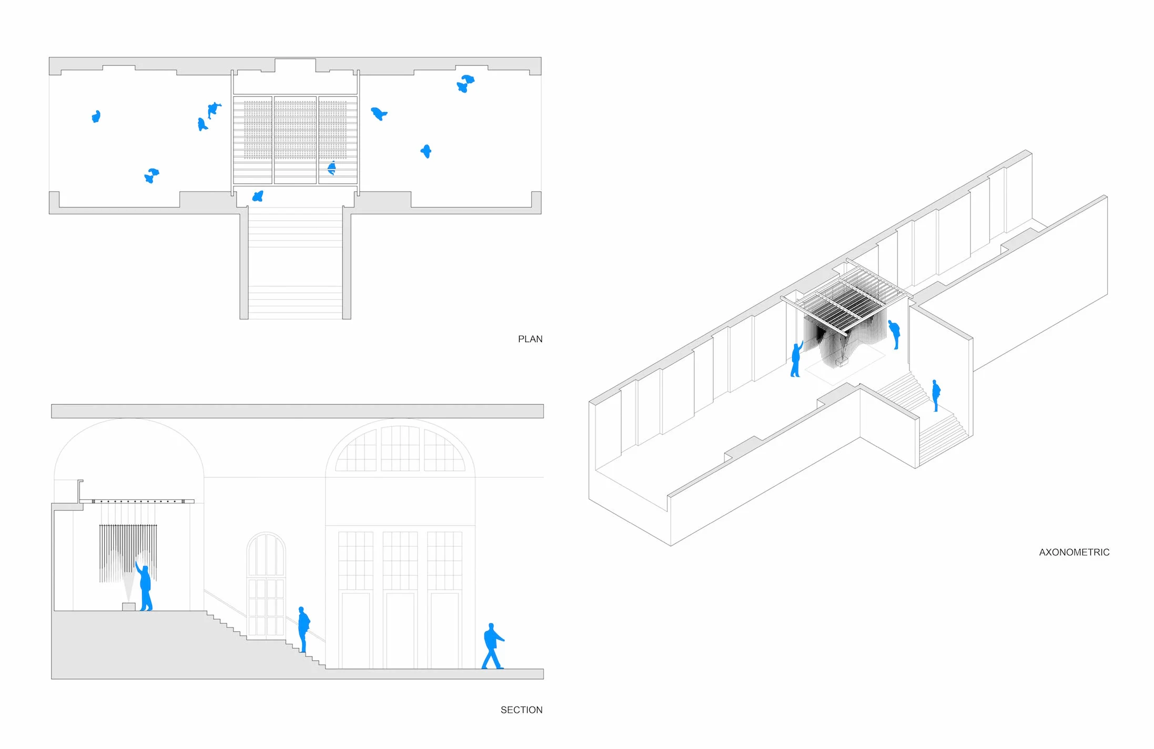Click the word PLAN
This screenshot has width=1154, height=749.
[x=530, y=339]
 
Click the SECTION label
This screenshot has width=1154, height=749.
[x=521, y=710]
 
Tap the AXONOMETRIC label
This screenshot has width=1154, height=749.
[x=1074, y=552]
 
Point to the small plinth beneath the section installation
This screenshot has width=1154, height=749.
[x=128, y=607]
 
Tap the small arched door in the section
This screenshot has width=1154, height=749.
[x=266, y=583]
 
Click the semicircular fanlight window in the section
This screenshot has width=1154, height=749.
[x=400, y=449]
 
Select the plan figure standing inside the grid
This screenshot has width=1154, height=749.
[x=331, y=168]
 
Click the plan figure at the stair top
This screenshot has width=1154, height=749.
[x=258, y=197]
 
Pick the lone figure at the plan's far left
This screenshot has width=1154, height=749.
[x=96, y=116]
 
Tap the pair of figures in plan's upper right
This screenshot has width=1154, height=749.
[x=465, y=83]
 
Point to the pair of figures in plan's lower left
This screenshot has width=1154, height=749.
[x=151, y=176]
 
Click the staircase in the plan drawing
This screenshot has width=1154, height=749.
[x=295, y=263]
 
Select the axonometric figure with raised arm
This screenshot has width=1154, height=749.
[x=796, y=358]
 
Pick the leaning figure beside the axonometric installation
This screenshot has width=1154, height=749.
[x=895, y=334]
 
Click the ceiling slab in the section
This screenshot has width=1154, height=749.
[x=297, y=411]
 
